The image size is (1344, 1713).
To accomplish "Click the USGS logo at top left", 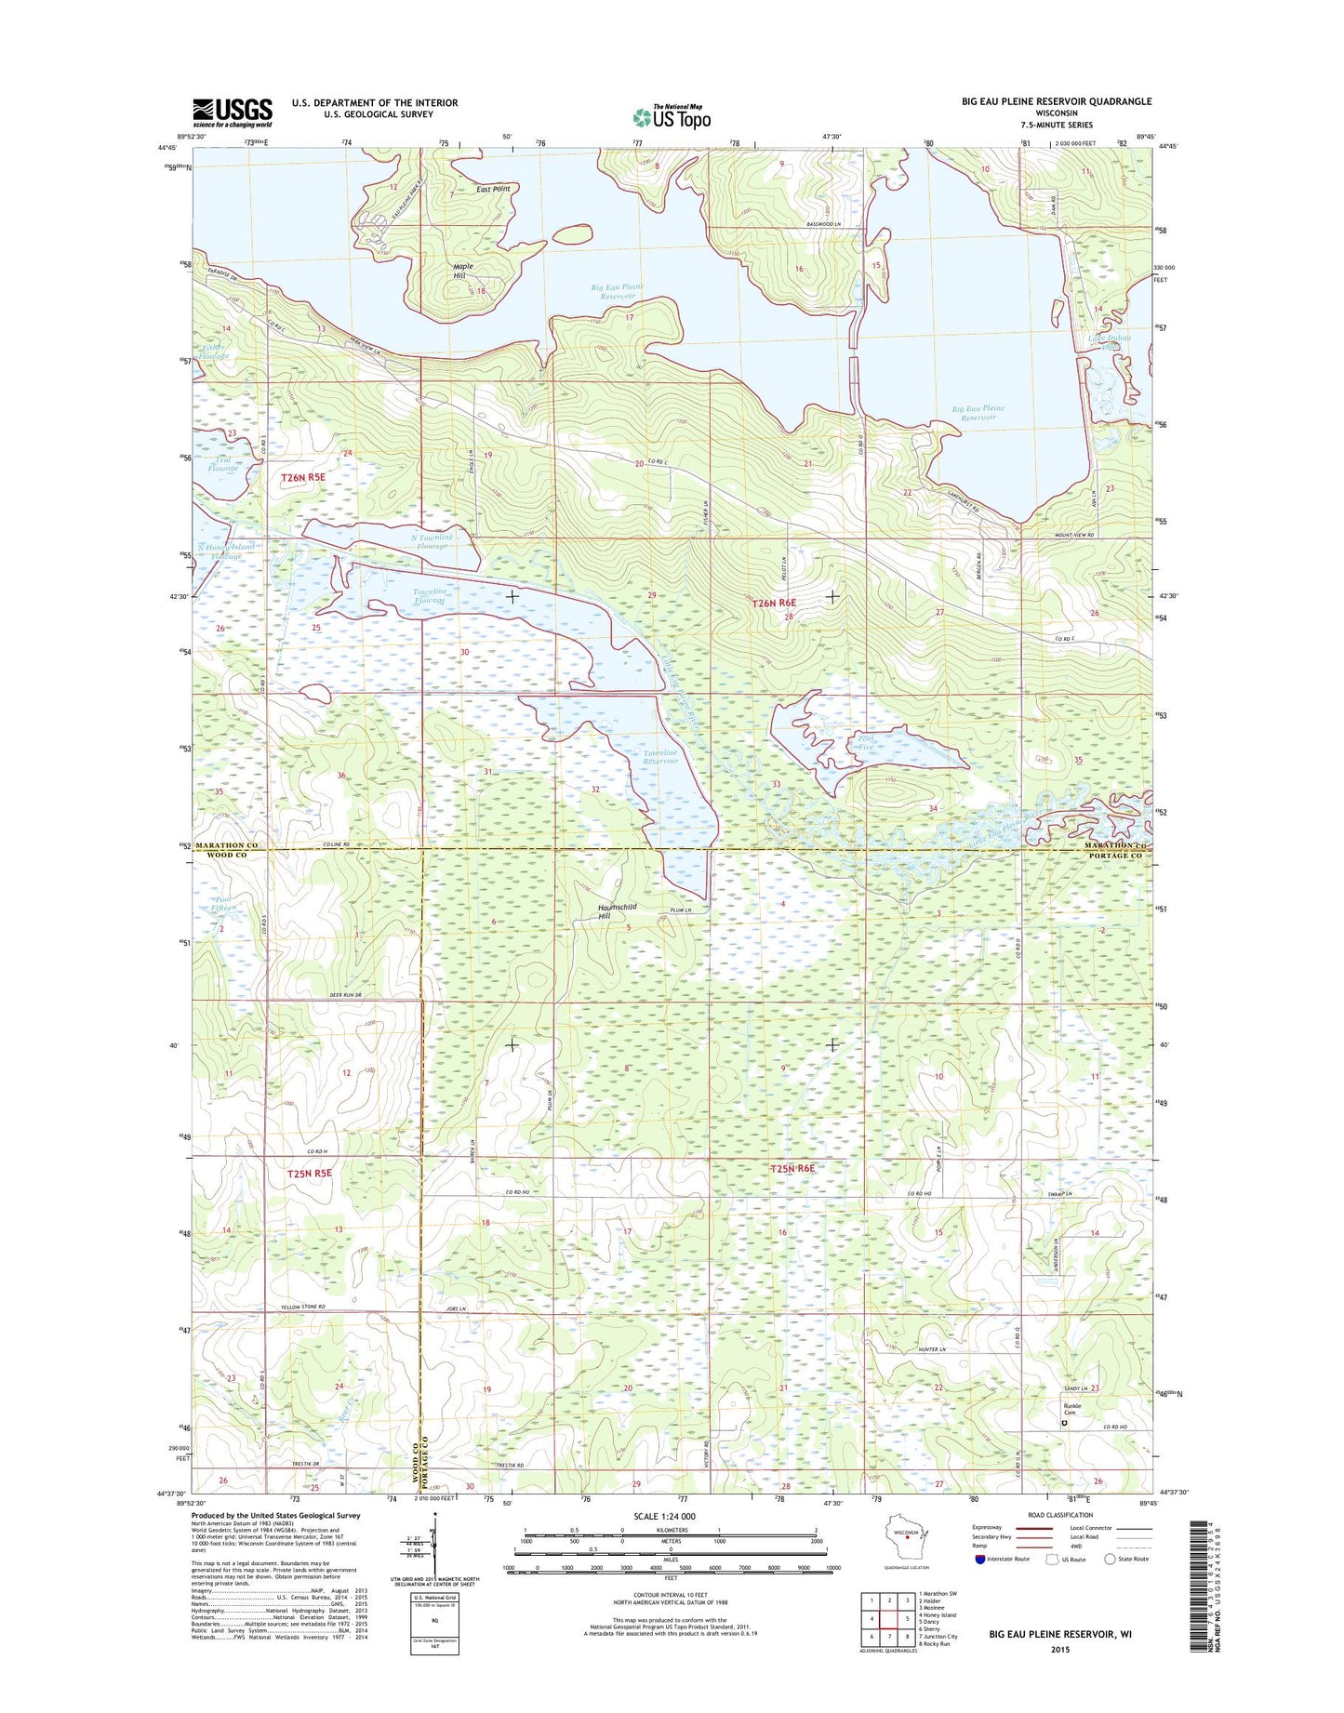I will (x=233, y=113).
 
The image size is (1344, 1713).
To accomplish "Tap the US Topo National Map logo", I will (x=672, y=117).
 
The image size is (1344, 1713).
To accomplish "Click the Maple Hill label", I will (x=462, y=272).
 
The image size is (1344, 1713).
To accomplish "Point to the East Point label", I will (x=493, y=189).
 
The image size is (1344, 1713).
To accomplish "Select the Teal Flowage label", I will (x=223, y=464).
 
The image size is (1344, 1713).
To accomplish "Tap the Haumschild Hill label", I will (x=617, y=911).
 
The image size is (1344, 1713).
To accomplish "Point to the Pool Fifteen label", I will (x=224, y=904).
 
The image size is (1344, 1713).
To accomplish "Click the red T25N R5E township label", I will (x=309, y=1174).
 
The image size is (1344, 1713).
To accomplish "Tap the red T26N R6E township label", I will (x=774, y=604).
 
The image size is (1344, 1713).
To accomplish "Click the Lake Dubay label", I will (x=1109, y=341).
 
